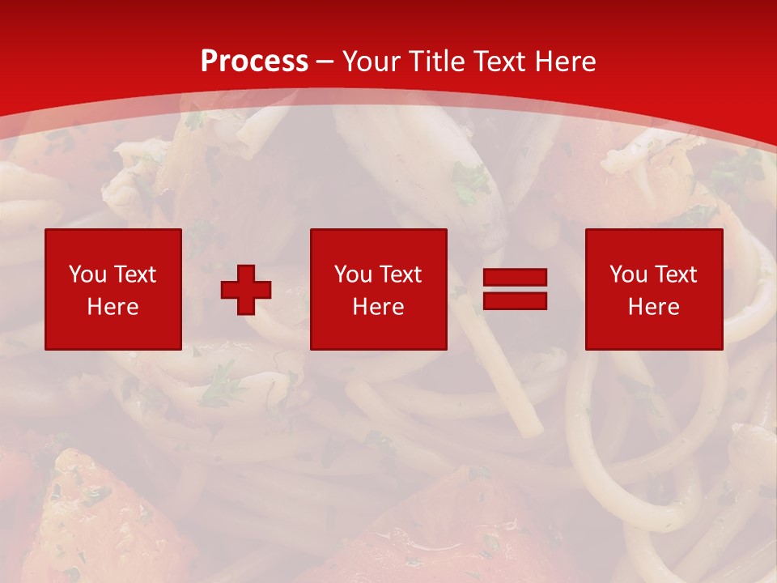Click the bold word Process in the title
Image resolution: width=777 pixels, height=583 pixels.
point(254,62)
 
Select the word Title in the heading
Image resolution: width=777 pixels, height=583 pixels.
point(440,62)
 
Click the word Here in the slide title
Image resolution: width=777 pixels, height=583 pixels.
point(571,62)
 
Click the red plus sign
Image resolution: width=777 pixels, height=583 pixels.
point(246,289)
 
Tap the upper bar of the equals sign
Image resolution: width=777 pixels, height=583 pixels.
point(515,278)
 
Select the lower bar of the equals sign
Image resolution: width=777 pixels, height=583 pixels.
point(515,300)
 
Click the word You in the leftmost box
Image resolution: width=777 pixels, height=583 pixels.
point(87,274)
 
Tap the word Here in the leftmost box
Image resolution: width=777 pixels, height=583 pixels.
point(113,307)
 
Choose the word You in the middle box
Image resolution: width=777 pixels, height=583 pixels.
point(353,274)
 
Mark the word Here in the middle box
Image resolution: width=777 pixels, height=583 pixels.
point(378,307)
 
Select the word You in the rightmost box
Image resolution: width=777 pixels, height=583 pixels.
point(628,274)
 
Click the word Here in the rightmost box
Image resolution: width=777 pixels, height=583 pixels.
point(653,307)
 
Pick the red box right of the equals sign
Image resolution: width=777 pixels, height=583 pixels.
point(654,332)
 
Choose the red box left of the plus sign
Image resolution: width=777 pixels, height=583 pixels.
point(113,332)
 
